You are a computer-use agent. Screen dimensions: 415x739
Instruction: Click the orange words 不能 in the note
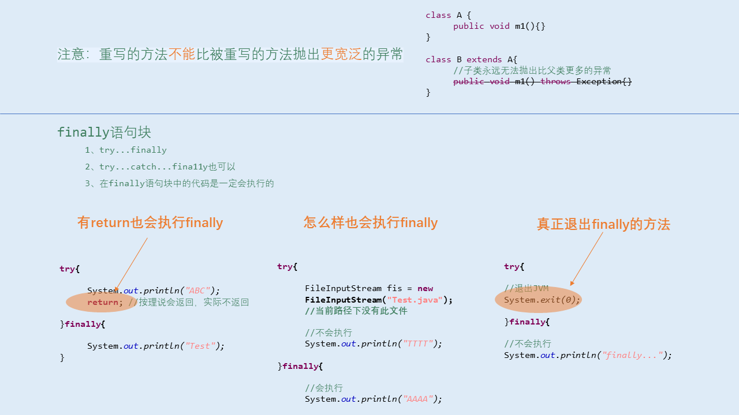[x=181, y=54]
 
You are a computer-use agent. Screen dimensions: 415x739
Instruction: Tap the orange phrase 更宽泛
[x=341, y=54]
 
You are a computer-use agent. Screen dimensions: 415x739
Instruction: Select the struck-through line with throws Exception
[x=542, y=81]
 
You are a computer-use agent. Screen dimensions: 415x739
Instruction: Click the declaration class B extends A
[x=471, y=59]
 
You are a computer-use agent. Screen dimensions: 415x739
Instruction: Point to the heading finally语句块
[x=104, y=132]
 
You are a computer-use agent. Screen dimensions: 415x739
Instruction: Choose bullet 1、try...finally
[x=125, y=150]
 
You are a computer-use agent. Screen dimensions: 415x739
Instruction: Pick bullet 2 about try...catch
[x=160, y=167]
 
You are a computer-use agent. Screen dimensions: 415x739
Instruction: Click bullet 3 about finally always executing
[x=179, y=183]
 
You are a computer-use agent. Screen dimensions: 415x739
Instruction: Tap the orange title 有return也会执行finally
[x=150, y=222]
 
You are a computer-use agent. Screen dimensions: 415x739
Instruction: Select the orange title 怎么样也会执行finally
[x=371, y=222]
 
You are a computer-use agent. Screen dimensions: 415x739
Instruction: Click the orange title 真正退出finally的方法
[x=603, y=224]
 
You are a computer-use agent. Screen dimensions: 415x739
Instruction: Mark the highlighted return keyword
[x=103, y=302]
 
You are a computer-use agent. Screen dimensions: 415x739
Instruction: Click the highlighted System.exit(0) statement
[x=542, y=300]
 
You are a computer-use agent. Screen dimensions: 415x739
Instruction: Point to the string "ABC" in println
[x=197, y=290]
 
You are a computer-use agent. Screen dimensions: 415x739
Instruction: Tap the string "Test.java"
[x=415, y=300]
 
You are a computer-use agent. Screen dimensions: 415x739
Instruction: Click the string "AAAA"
[x=417, y=399]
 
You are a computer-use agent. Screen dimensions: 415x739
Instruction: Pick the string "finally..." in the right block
[x=632, y=355]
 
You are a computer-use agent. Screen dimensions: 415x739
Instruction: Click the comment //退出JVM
[x=526, y=288]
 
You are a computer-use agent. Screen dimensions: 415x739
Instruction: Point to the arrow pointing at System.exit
[x=587, y=259]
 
